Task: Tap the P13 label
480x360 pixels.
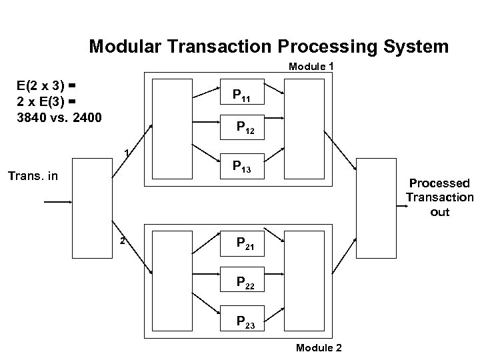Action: pyautogui.click(x=241, y=167)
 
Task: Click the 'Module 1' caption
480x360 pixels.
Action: pyautogui.click(x=311, y=67)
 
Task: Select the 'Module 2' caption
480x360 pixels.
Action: pyautogui.click(x=318, y=348)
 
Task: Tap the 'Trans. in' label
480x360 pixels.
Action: pyautogui.click(x=33, y=177)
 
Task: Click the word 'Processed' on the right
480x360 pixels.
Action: pyautogui.click(x=439, y=183)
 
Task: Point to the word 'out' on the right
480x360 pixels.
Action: pyautogui.click(x=439, y=213)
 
